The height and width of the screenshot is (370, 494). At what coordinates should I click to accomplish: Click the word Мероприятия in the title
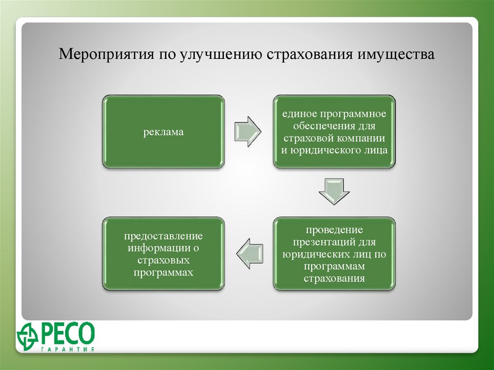(x=107, y=54)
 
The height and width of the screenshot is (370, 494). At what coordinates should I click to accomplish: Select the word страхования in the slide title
(x=310, y=54)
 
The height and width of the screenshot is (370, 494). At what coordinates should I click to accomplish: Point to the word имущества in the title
(x=396, y=54)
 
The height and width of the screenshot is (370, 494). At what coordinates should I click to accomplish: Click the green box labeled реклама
(x=163, y=131)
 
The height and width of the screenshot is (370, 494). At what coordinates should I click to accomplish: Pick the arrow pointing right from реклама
(x=247, y=131)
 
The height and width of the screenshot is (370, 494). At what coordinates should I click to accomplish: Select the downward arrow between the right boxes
(x=334, y=192)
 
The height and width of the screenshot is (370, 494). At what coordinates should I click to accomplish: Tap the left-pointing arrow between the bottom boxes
(x=250, y=254)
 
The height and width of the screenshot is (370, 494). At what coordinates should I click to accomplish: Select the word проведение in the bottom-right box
(x=334, y=230)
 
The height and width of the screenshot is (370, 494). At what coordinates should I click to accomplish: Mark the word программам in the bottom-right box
(x=334, y=266)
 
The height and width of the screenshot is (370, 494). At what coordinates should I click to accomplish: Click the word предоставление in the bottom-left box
(x=163, y=236)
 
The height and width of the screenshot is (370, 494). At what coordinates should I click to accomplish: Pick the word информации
(x=159, y=248)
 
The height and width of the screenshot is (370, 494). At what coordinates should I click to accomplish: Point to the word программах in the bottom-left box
(x=163, y=272)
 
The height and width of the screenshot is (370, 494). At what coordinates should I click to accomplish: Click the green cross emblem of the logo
(x=27, y=334)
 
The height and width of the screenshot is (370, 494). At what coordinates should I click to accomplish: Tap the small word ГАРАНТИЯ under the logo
(x=68, y=350)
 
